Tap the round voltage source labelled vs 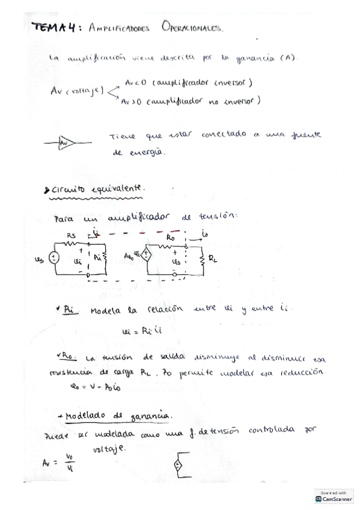point(53,258)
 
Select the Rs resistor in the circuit point(72,245)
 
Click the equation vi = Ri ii point(140,330)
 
